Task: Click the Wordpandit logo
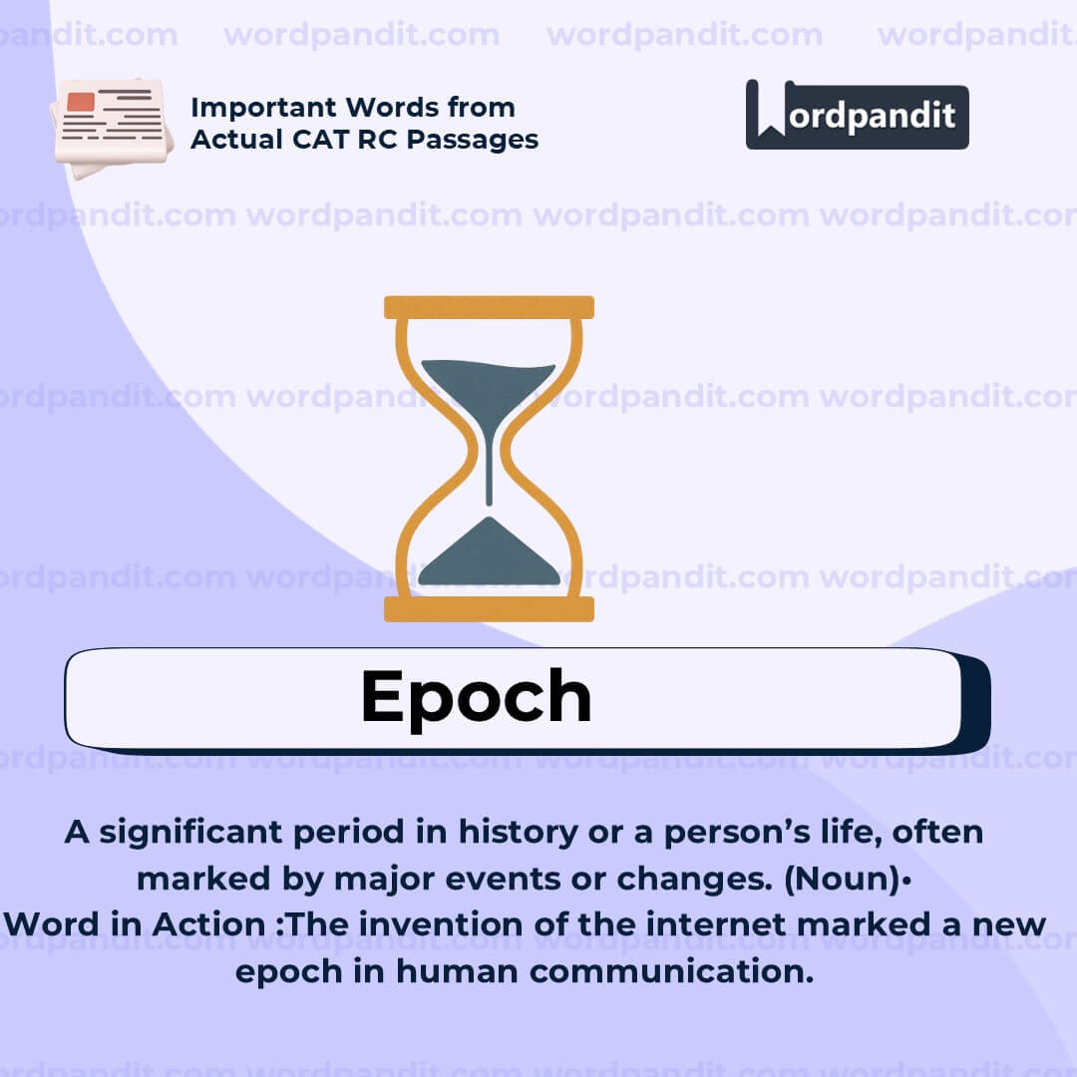(857, 115)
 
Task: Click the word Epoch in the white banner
(476, 696)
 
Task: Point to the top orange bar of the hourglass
(489, 307)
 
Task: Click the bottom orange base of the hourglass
(489, 608)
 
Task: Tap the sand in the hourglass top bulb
(488, 384)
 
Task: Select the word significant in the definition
(189, 832)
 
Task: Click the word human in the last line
(458, 970)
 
